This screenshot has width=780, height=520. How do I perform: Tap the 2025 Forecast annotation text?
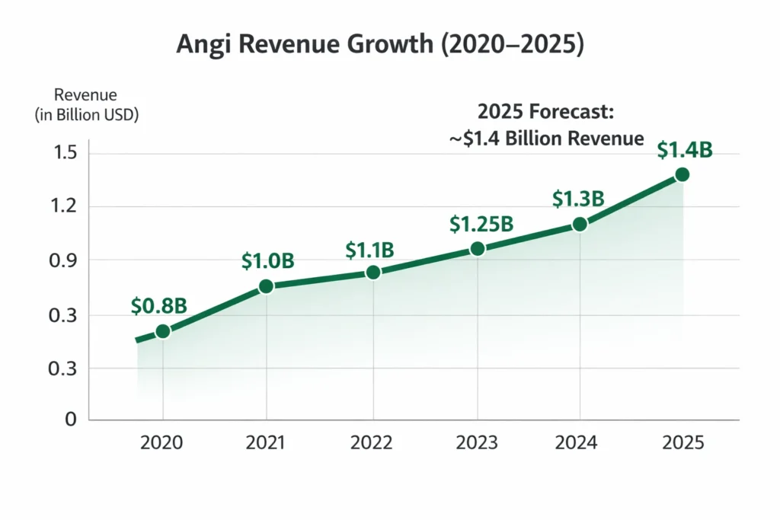545,125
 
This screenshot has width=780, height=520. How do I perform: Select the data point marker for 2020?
162,331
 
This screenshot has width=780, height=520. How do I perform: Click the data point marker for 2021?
267,286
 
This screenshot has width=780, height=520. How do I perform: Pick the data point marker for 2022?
373,273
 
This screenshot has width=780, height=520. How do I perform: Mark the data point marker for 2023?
478,248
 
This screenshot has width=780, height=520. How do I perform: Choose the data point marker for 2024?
580,225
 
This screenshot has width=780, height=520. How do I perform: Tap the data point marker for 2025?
682,174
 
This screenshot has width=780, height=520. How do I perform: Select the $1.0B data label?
267,260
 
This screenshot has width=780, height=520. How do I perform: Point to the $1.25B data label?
481,224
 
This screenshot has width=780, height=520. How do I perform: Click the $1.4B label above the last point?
685,151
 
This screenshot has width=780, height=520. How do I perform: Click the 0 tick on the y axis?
72,420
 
